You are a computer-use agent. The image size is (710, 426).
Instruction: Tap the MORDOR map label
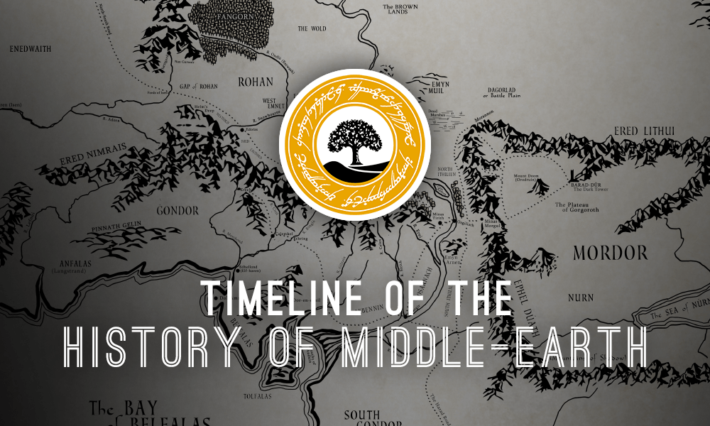click(610, 253)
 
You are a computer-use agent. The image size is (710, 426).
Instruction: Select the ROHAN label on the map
click(256, 82)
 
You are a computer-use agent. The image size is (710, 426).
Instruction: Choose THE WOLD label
click(312, 29)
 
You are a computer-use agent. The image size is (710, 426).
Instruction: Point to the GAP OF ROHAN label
click(199, 86)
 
